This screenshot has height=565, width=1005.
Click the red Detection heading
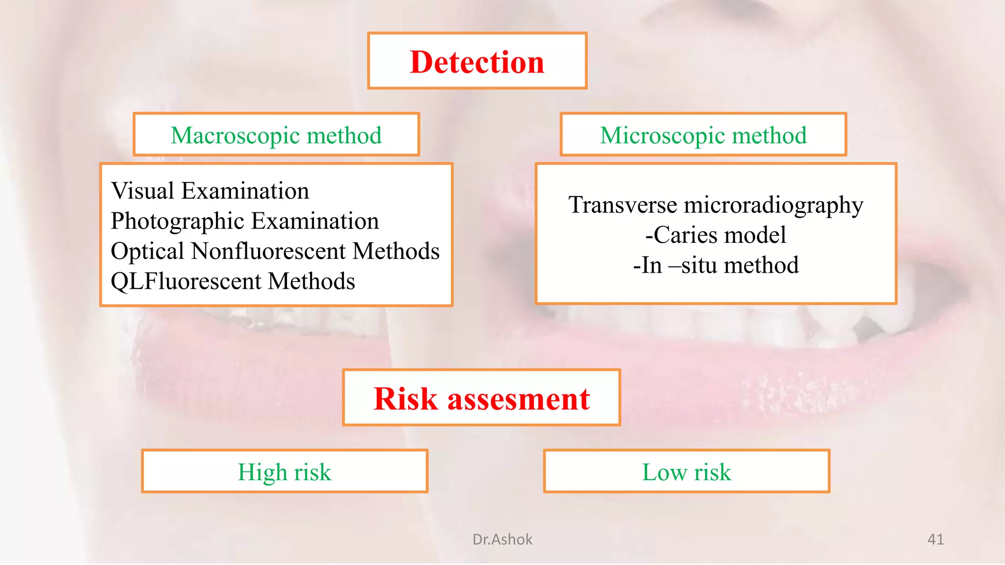[x=477, y=62]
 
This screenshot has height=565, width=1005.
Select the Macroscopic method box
[x=276, y=135]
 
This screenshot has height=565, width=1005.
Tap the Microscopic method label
[x=703, y=135]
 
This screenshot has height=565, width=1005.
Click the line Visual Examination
[x=210, y=191]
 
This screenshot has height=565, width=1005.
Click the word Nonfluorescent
[x=268, y=251]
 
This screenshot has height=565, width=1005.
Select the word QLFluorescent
[x=186, y=282]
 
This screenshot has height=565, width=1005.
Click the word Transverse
[x=622, y=205]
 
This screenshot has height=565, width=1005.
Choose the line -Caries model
[x=715, y=235]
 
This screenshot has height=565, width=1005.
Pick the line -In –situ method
[x=715, y=265]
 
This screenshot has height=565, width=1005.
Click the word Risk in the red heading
[x=405, y=398]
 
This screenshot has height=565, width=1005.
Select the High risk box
[x=285, y=471]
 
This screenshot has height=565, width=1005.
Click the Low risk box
[x=687, y=471]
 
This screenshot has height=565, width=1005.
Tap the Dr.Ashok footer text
[x=502, y=539]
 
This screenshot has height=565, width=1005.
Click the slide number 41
[x=935, y=539]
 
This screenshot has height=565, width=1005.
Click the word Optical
[x=147, y=252]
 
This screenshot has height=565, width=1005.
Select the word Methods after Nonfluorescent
[x=396, y=251]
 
